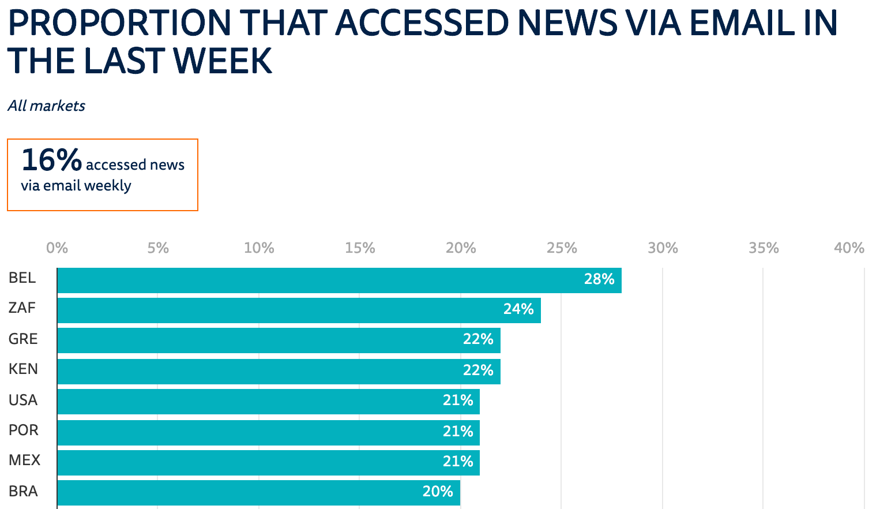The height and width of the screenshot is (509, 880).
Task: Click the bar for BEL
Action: coord(339,280)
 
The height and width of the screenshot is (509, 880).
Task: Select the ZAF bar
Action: coord(299,310)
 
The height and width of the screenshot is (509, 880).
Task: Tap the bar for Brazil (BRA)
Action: coord(258,492)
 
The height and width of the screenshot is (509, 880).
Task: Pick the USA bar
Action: coord(268,402)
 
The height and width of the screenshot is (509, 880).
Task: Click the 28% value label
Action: coord(599,279)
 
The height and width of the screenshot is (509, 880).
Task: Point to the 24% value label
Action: coord(518,309)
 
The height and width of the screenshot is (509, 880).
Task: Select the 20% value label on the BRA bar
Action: coord(438,492)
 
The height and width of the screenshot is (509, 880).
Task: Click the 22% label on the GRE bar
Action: coord(478,339)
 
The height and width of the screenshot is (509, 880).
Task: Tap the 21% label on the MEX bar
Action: coord(458,462)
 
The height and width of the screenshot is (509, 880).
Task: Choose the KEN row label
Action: coord(23,369)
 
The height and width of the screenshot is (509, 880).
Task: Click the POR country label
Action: coord(23,431)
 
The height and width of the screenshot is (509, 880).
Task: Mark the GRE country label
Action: coord(23,339)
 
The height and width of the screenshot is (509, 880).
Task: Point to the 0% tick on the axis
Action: coord(57,248)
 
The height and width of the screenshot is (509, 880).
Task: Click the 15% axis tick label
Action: coord(360,248)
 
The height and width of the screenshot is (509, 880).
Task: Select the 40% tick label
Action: coord(849,248)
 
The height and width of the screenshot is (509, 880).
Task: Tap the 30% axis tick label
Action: coord(663,248)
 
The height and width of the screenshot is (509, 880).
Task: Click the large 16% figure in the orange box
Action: coord(51,160)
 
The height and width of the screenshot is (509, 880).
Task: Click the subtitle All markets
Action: coord(47,106)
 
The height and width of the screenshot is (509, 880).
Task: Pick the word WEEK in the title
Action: coord(223,61)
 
